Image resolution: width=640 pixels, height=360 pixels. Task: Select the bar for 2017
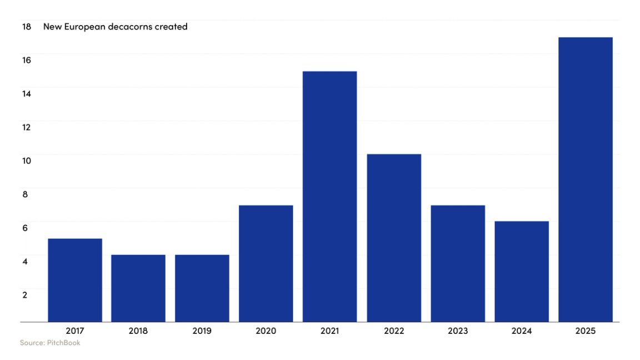tap(75, 280)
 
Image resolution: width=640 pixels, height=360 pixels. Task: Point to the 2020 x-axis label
tap(266, 331)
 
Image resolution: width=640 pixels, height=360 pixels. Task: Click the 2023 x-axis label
tap(457, 331)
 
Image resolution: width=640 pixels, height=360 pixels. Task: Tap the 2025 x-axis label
tap(585, 331)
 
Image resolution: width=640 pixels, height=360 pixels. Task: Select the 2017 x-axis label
tap(75, 331)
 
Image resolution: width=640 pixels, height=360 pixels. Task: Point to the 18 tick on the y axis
tap(26, 27)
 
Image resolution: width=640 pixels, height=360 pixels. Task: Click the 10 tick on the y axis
tap(26, 161)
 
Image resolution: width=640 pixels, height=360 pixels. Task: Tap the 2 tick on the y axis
tap(24, 295)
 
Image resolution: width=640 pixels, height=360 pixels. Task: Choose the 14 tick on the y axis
tap(26, 93)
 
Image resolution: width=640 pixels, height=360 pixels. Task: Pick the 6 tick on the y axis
tap(24, 228)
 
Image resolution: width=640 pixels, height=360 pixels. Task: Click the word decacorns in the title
tap(131, 27)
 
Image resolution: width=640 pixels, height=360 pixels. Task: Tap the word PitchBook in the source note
tap(63, 343)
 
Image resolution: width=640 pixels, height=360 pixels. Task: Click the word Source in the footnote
tap(32, 343)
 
